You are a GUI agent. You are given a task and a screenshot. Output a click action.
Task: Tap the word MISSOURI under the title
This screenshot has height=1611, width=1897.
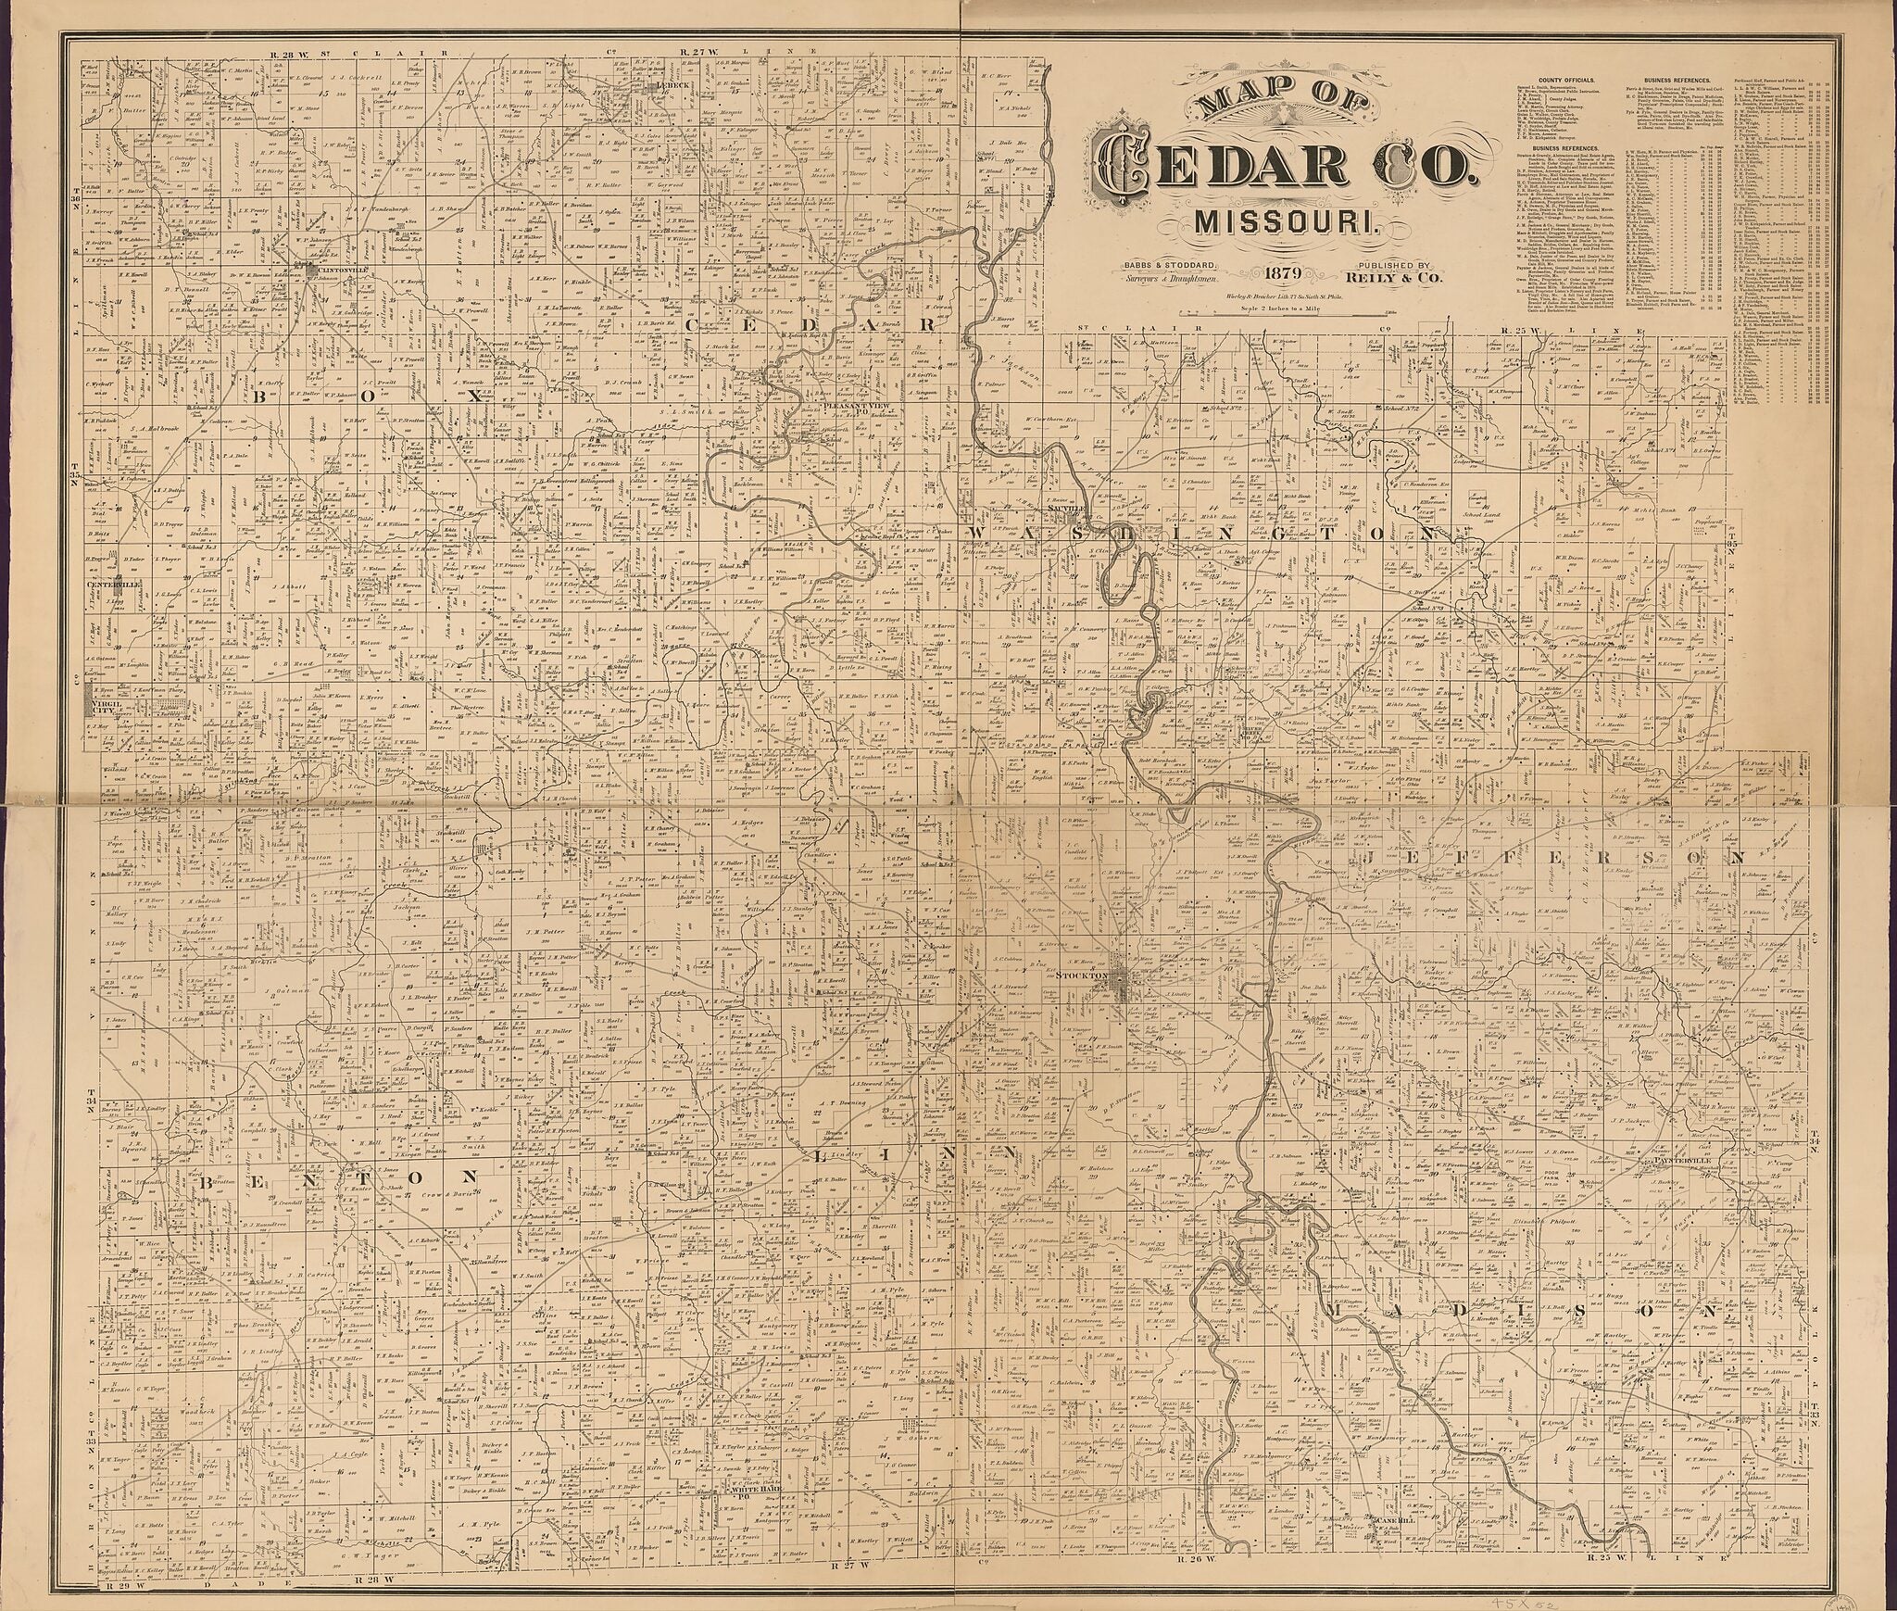point(1268,224)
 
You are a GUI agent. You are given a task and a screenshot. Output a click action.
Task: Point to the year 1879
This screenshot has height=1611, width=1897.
point(1276,272)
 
